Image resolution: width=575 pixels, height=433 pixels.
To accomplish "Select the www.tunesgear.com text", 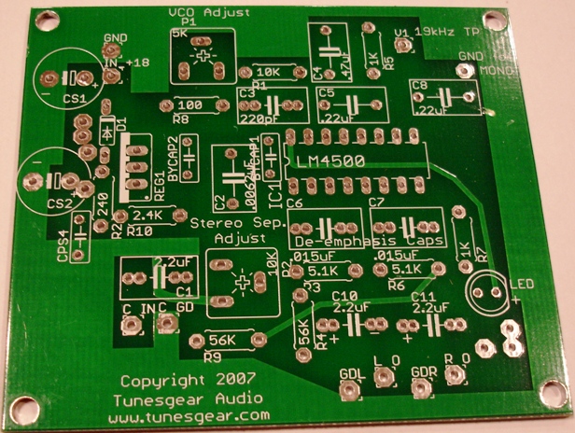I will pyautogui.click(x=189, y=414).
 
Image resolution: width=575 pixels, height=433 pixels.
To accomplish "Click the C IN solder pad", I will pyautogui.click(x=132, y=325).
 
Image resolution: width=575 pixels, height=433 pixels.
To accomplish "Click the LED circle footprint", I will pyautogui.click(x=485, y=291).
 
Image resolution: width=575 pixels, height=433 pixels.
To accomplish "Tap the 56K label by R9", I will pyautogui.click(x=223, y=340).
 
